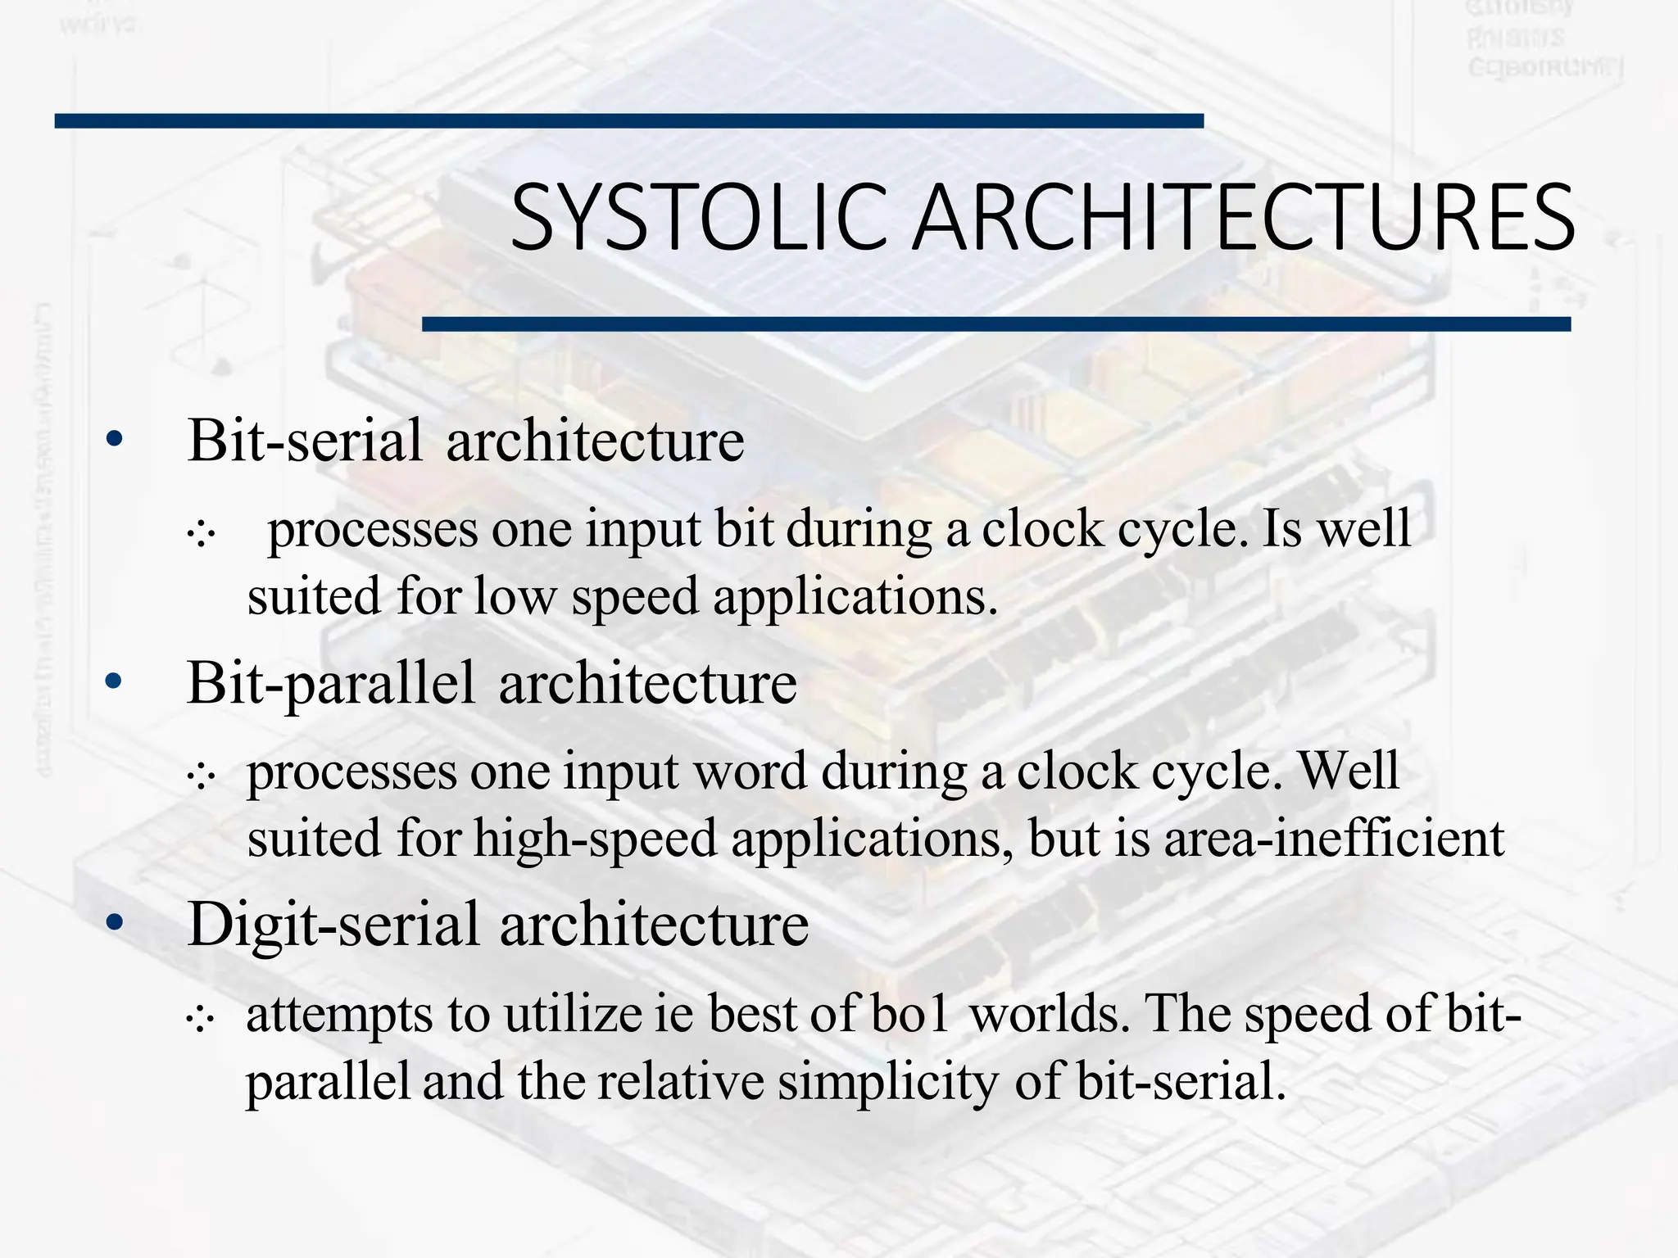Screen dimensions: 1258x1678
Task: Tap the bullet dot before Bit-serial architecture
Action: tap(114, 440)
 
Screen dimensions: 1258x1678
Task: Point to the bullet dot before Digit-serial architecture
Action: tap(114, 922)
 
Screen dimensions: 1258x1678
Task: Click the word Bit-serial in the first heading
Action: tap(305, 441)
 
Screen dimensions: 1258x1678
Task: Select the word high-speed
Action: tap(596, 839)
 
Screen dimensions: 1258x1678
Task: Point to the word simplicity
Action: tap(888, 1082)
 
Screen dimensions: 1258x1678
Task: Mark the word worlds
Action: tap(1045, 1014)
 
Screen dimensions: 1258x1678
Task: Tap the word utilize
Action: tap(573, 1014)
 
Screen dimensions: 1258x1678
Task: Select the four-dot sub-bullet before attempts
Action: tap(200, 1020)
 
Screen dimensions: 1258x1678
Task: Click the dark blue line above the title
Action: tap(628, 121)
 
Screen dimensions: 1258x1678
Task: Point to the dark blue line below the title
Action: tap(995, 324)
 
